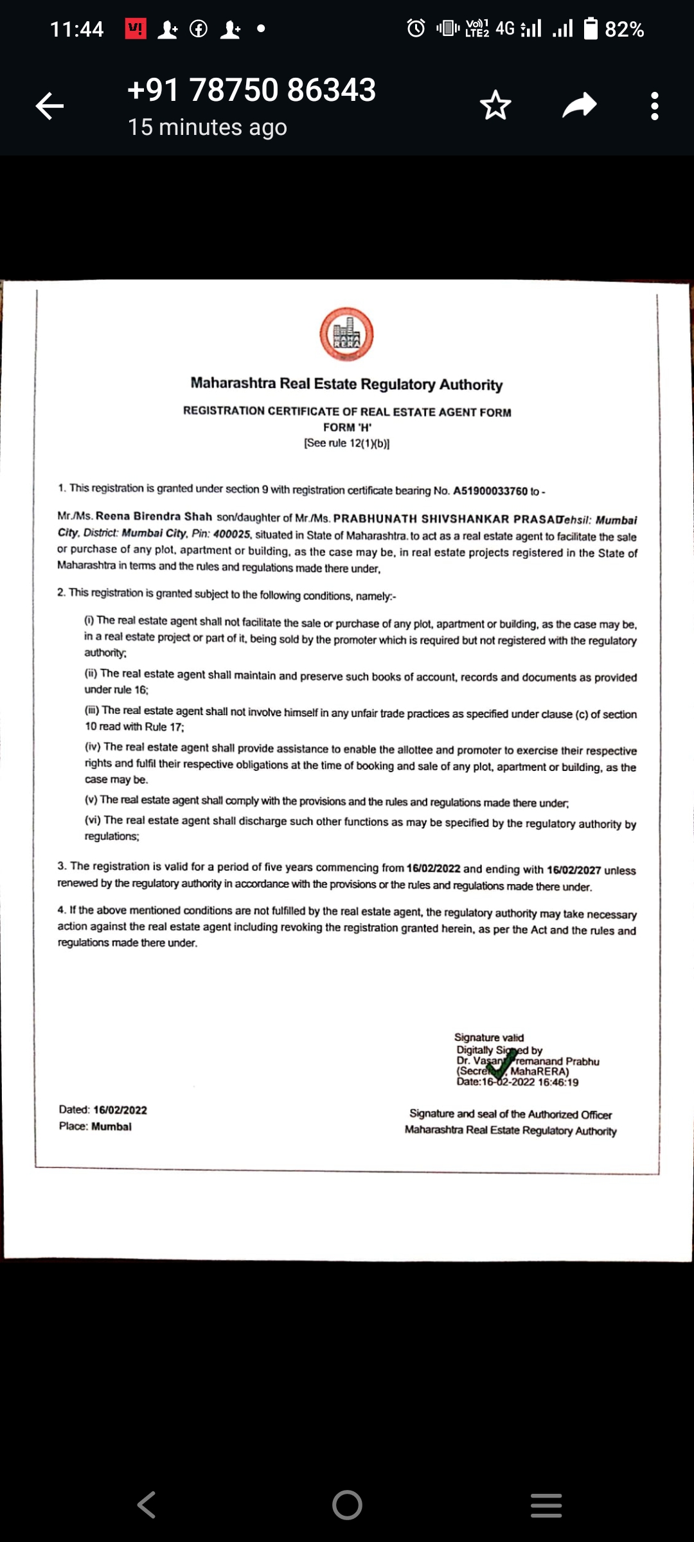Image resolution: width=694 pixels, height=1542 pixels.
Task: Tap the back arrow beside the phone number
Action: click(x=49, y=106)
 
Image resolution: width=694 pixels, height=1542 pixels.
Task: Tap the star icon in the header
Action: click(x=495, y=105)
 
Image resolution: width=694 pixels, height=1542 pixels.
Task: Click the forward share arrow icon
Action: click(x=580, y=105)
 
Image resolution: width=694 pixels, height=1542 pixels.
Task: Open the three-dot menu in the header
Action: click(x=654, y=106)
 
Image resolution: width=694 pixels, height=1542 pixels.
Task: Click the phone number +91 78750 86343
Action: click(x=251, y=90)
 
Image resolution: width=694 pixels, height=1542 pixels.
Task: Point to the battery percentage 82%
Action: click(x=624, y=30)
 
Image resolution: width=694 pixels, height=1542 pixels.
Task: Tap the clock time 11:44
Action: click(x=76, y=30)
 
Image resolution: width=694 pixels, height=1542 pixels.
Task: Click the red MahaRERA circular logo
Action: click(x=347, y=334)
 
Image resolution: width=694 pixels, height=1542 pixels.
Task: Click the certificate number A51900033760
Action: click(x=490, y=492)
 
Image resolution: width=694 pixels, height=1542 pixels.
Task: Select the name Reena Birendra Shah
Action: click(x=154, y=517)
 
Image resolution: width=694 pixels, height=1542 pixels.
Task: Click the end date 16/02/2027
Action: click(x=574, y=870)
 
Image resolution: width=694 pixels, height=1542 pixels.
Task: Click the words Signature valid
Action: click(x=488, y=1037)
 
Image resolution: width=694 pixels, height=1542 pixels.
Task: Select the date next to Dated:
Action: click(x=120, y=1110)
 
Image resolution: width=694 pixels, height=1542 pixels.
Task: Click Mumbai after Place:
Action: click(x=111, y=1126)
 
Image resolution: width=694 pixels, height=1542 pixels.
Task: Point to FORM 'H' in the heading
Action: click(x=347, y=427)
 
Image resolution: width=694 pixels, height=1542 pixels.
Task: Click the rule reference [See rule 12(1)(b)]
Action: click(x=347, y=443)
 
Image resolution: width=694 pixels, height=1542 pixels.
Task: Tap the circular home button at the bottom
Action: click(x=347, y=1505)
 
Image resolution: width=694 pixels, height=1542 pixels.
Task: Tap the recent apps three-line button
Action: click(x=546, y=1505)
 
